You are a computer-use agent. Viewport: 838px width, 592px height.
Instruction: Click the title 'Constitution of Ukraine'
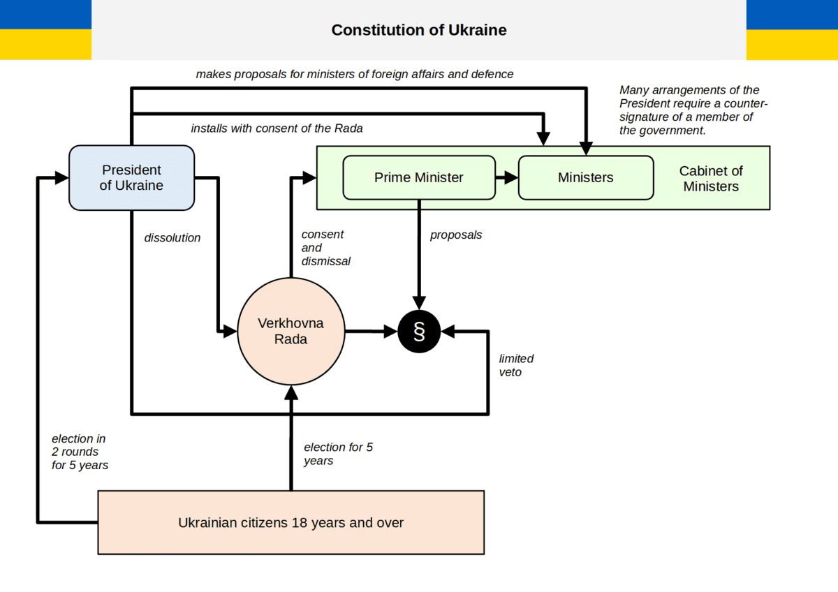(x=419, y=30)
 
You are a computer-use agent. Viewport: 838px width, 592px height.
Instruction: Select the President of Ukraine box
(x=131, y=177)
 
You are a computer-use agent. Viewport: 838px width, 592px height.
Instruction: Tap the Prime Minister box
(x=418, y=177)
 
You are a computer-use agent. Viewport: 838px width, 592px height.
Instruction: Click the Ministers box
(x=585, y=177)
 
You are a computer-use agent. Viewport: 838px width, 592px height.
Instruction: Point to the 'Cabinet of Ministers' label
(x=711, y=179)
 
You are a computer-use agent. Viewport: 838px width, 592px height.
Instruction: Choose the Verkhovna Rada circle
(x=291, y=332)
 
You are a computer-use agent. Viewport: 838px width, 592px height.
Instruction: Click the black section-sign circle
(x=419, y=332)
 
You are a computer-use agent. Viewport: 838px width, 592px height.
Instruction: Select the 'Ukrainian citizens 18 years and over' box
(x=291, y=522)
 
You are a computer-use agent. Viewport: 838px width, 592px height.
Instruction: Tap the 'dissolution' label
(x=172, y=238)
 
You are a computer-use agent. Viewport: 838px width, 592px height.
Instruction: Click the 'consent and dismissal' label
(x=325, y=248)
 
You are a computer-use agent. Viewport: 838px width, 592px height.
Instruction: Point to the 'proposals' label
(x=456, y=235)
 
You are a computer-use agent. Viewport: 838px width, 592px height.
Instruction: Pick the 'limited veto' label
(x=516, y=365)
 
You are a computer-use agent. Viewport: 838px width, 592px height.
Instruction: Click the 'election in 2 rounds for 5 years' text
(x=80, y=452)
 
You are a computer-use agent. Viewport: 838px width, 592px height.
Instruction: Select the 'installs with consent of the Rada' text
(x=277, y=128)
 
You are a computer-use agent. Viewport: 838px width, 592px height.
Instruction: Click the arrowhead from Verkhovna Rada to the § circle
(x=390, y=332)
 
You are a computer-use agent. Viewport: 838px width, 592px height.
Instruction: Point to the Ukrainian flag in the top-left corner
(x=45, y=30)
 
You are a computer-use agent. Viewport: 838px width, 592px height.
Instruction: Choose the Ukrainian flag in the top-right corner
(x=792, y=30)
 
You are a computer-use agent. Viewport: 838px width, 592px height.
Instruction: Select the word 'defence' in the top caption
(x=492, y=74)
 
